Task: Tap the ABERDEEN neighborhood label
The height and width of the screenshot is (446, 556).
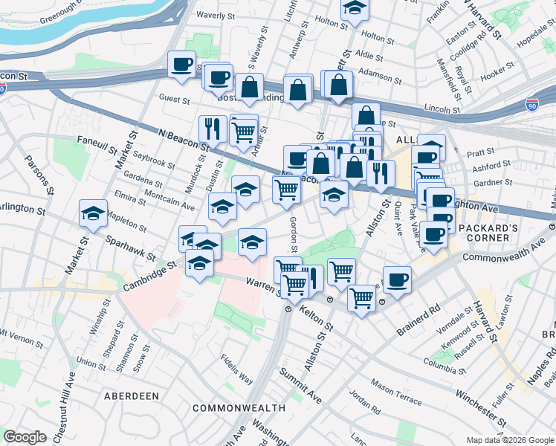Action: tap(132, 396)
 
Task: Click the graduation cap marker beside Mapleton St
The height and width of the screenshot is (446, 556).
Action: tap(94, 214)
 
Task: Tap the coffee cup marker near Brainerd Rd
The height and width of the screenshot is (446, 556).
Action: tap(397, 279)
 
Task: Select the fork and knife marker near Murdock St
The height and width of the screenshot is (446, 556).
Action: tap(213, 129)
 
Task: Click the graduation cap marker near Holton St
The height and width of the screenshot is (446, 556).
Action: tap(355, 10)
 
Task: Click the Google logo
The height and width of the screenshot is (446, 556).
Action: tap(25, 437)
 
